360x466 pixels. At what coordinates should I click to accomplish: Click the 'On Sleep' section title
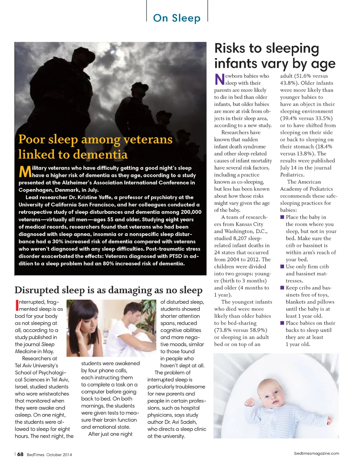coord(176,18)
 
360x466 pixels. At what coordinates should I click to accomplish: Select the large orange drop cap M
coord(25,172)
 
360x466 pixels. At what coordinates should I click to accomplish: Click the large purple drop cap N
coord(219,79)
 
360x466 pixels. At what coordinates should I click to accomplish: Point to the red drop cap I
coord(17,305)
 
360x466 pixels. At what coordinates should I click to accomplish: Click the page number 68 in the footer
coord(20,454)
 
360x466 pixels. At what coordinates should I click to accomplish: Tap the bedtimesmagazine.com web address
coord(316,453)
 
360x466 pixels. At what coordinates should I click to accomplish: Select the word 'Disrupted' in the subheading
coord(37,290)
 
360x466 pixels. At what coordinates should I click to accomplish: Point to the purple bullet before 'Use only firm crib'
coord(282,267)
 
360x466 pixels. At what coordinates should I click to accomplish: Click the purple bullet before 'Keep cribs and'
coord(282,288)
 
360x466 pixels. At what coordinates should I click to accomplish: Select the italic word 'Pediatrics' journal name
coord(291,175)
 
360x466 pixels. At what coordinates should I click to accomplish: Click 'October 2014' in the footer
coord(59,455)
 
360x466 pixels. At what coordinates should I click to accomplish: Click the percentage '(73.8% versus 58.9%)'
coord(240,330)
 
